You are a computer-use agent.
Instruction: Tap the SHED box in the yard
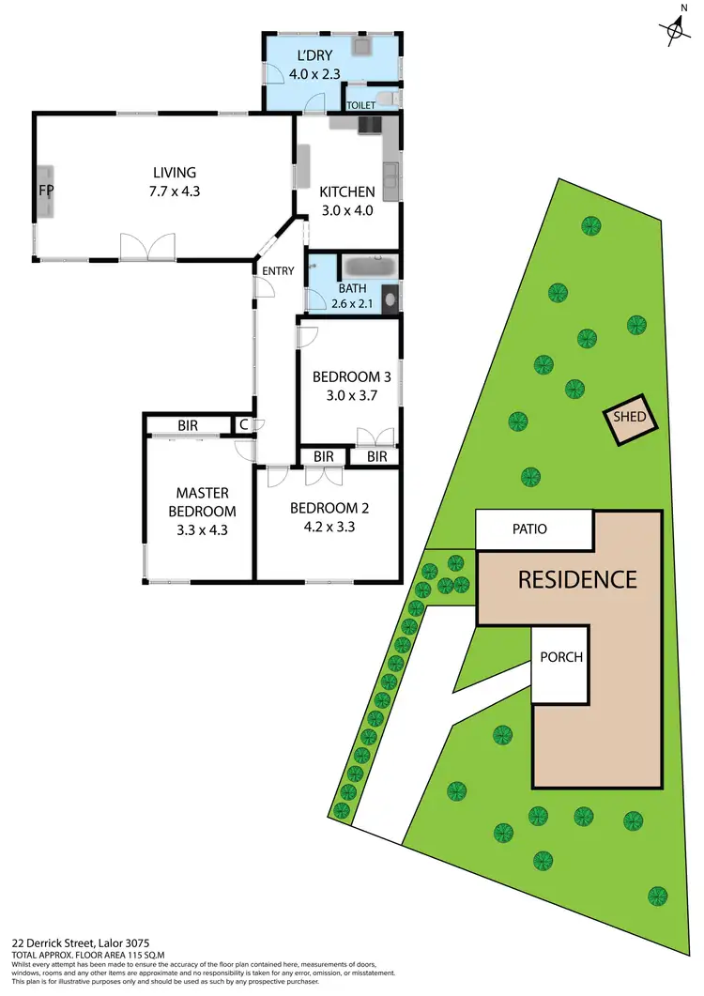coord(628,420)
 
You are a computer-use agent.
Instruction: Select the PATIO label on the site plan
coord(528,529)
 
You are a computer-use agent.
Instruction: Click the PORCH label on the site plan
coord(560,657)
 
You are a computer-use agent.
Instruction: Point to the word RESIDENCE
coord(577,579)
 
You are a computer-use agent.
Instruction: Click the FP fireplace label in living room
coord(45,191)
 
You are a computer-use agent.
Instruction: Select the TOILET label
coord(360,106)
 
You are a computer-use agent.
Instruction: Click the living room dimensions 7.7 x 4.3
coord(176,191)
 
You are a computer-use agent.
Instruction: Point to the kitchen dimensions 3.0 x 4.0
coord(347,210)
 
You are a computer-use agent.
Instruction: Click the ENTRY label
coord(279,271)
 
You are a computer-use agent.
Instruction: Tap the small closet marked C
coord(244,424)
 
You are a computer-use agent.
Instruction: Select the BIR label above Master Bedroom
coord(188,425)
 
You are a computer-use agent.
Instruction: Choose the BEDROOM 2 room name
coord(329,509)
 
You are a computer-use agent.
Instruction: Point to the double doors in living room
coord(147,247)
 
